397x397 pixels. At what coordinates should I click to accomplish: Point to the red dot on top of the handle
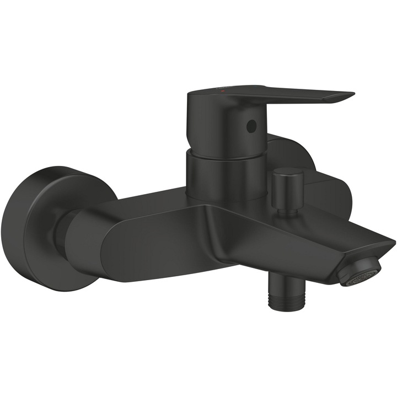222,89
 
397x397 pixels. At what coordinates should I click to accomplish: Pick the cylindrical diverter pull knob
287,185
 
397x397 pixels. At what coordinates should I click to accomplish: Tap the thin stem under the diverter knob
285,209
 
